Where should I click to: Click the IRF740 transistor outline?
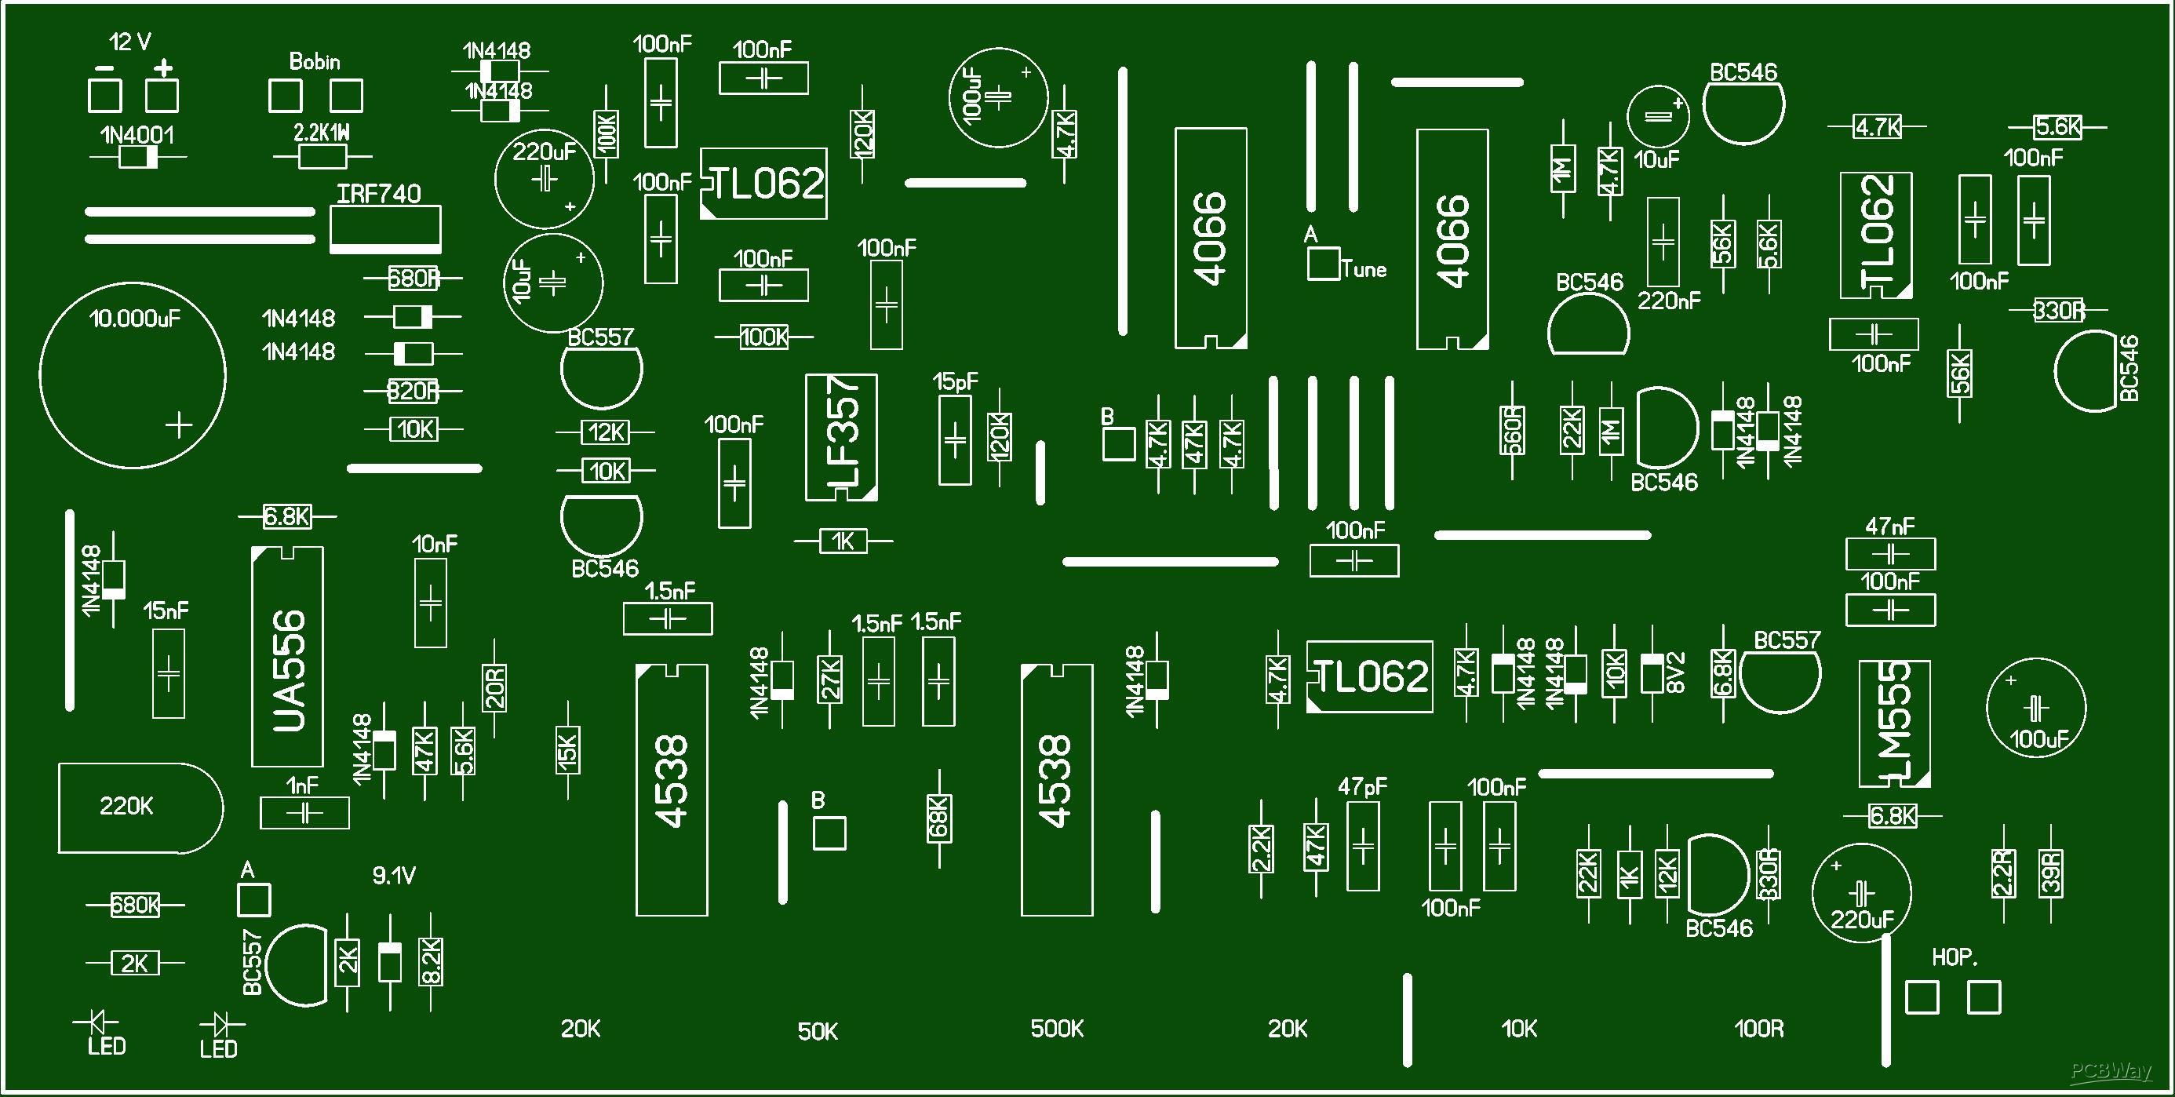coord(385,228)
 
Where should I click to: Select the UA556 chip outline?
coord(287,657)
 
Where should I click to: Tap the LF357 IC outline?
coord(842,437)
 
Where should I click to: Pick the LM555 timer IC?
coord(1894,723)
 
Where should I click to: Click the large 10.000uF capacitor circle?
coord(133,374)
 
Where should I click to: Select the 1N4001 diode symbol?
coord(138,157)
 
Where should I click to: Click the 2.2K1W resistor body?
coord(322,156)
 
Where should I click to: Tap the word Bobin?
coord(314,62)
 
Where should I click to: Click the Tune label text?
coord(1364,269)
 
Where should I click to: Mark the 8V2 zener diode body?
coord(1652,674)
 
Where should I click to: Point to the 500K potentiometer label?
coord(1057,1029)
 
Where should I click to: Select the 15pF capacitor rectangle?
coord(955,441)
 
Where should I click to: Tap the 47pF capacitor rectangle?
coord(1363,846)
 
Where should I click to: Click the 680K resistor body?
coord(134,906)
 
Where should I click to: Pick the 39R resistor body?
coord(2051,873)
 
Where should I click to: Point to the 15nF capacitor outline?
coord(168,674)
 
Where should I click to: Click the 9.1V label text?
coord(393,877)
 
